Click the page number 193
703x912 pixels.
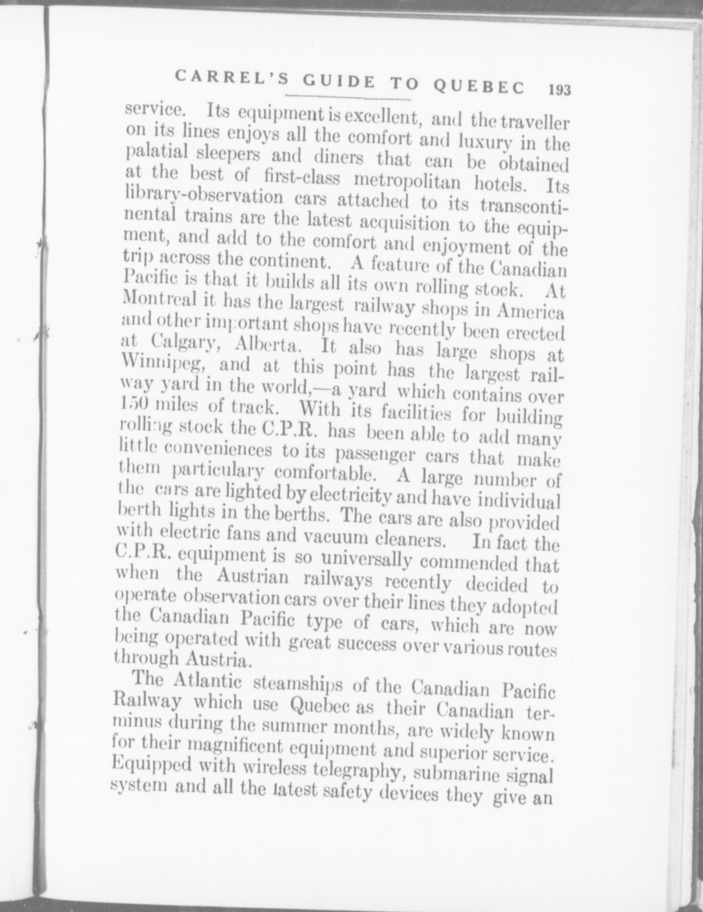tap(559, 90)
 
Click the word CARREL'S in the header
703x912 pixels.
tap(231, 77)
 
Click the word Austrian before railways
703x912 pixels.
tap(253, 577)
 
